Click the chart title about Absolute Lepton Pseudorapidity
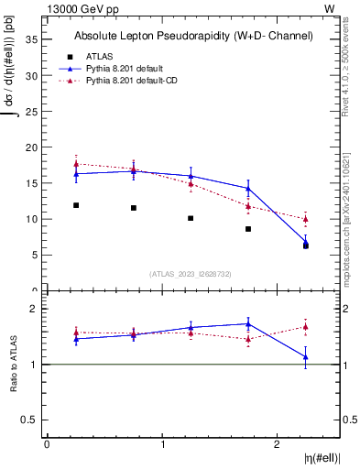[193, 37]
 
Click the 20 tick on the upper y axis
[35, 147]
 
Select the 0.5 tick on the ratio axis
[32, 420]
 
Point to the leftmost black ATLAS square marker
[76, 205]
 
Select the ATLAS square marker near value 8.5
[248, 229]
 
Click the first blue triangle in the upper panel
[76, 173]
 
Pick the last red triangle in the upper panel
[306, 219]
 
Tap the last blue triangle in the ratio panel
[306, 356]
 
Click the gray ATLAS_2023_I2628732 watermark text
[190, 274]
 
